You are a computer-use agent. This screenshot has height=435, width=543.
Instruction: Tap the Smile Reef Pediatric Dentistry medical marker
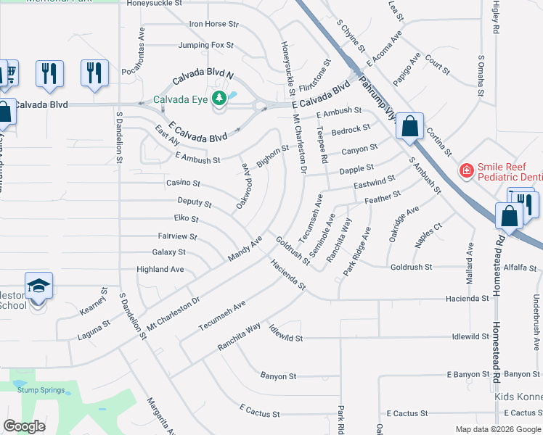(466, 171)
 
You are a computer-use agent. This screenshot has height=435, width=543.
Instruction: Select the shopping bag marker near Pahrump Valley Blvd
(410, 126)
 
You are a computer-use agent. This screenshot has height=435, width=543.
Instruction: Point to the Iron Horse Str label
(213, 24)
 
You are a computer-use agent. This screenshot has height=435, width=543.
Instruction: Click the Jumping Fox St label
(206, 45)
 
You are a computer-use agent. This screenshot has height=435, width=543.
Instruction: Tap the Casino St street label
(183, 183)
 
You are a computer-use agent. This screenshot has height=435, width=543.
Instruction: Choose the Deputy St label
(195, 203)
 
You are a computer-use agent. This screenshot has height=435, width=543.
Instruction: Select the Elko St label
(186, 218)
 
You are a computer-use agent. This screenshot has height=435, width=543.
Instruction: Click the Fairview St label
(177, 236)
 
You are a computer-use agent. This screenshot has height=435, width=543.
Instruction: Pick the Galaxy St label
(168, 252)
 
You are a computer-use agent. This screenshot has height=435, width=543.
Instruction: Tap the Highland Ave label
(160, 269)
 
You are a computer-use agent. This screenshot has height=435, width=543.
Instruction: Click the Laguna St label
(93, 330)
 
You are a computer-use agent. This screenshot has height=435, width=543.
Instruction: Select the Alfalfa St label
(520, 267)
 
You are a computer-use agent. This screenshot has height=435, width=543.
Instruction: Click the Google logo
(25, 426)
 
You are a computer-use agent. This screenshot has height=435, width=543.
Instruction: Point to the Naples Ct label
(428, 236)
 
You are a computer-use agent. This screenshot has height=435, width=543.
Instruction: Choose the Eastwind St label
(375, 181)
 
